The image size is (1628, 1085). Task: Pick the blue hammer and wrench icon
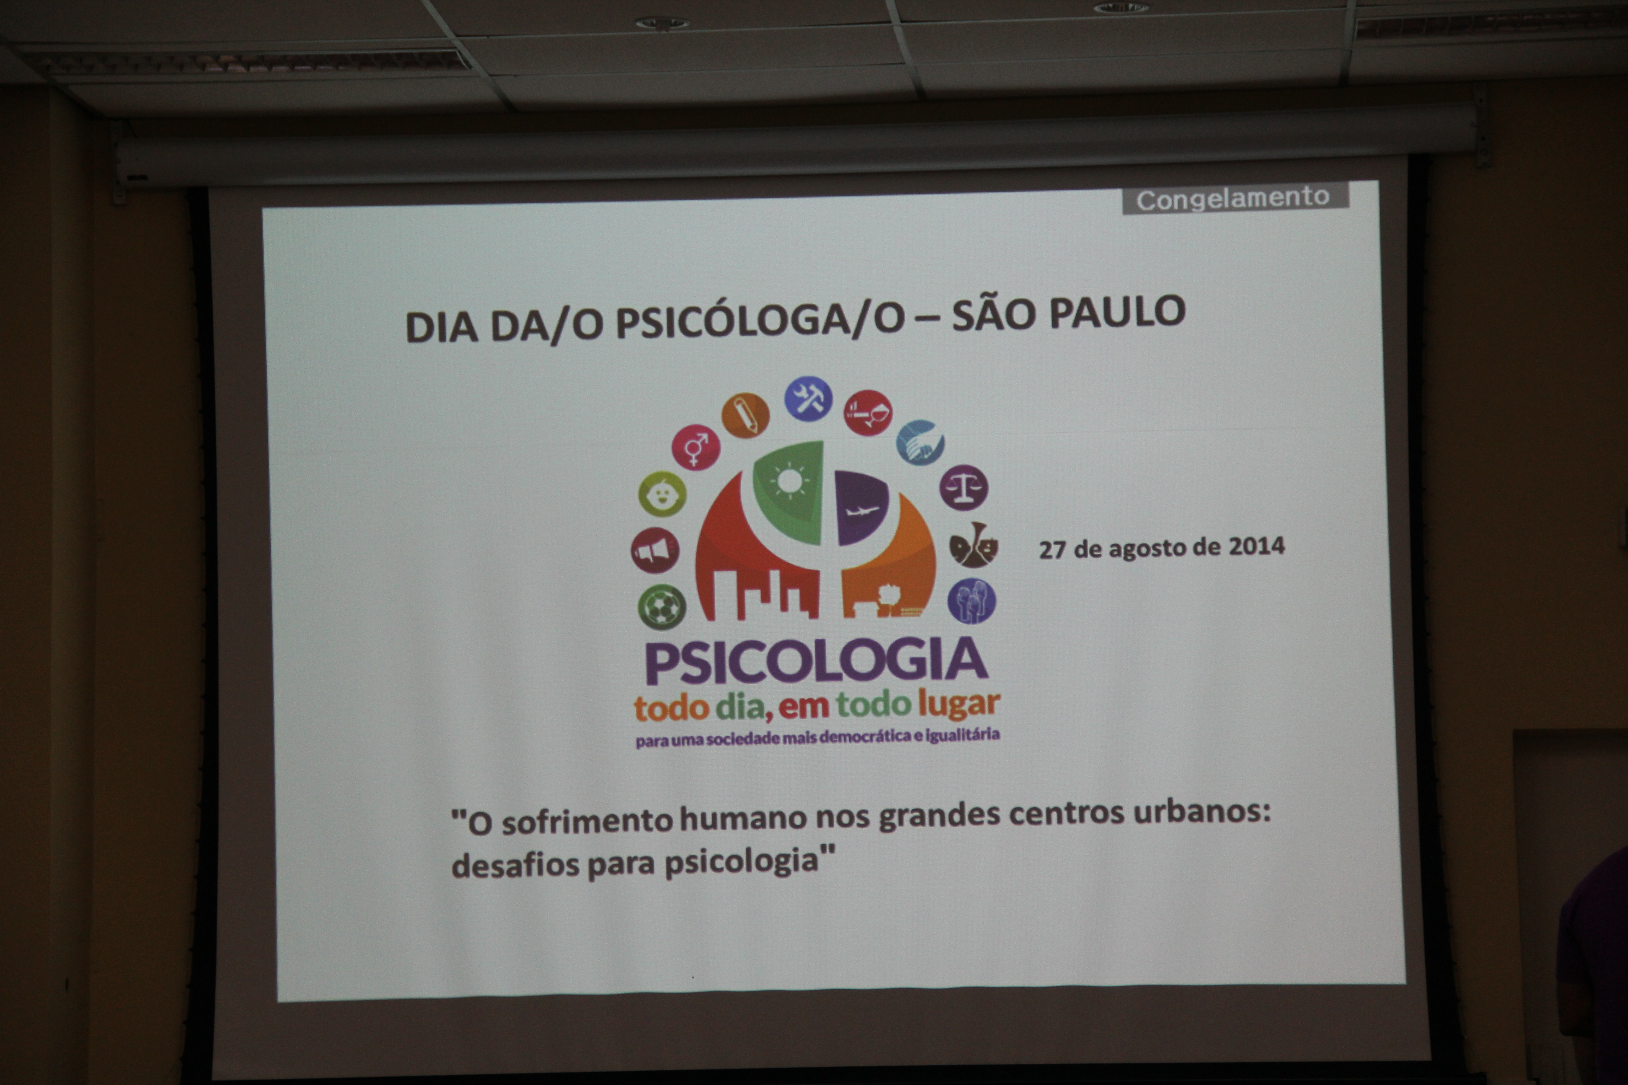click(808, 399)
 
